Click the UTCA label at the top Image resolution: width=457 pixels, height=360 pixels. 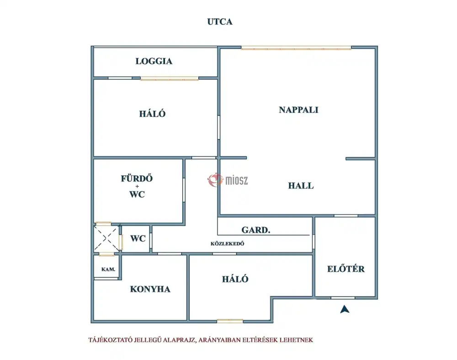[220, 22]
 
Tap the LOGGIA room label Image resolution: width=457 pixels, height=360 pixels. [154, 61]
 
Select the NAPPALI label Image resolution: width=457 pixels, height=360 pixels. [298, 110]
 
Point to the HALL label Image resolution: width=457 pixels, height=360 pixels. [301, 186]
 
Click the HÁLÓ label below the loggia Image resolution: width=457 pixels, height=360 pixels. [152, 113]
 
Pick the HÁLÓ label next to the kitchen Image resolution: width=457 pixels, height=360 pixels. [235, 279]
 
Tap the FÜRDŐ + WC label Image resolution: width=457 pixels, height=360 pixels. [137, 186]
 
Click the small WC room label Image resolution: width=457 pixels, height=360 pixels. [138, 238]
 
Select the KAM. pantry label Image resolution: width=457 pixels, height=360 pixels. [108, 269]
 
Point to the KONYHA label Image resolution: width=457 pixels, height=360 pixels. [150, 289]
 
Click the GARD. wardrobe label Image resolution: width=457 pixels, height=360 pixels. [255, 230]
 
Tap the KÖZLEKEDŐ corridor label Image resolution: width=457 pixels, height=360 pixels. [227, 243]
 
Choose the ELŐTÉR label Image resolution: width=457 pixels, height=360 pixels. [345, 269]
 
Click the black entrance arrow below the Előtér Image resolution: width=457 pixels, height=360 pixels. [345, 309]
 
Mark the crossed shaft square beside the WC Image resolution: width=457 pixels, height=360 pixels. [106, 239]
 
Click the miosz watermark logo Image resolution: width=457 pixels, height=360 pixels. [228, 180]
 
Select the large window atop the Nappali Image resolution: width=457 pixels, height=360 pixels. [296, 48]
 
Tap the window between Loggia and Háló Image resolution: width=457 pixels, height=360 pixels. [170, 78]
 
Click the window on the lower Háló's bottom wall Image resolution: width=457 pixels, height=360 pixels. [230, 321]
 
